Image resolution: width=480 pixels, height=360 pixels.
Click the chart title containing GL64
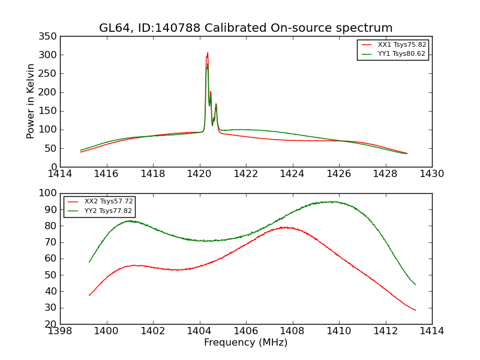246,28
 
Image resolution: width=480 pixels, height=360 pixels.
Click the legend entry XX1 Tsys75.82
401,45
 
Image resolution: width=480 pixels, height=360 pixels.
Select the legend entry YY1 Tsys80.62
401,54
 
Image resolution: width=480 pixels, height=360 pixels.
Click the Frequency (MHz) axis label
246,343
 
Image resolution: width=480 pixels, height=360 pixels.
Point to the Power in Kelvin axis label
31,101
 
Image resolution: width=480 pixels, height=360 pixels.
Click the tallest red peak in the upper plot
208,53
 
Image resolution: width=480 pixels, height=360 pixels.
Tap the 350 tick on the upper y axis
50,37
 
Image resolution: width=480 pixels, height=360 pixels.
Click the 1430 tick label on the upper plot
432,174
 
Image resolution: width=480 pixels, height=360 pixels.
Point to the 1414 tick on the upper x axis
61,174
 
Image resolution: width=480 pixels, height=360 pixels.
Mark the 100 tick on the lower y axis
48,194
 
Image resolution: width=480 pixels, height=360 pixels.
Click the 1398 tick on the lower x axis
61,331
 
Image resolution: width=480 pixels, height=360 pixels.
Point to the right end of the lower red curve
415,310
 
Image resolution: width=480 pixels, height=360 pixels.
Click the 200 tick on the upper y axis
50,92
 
